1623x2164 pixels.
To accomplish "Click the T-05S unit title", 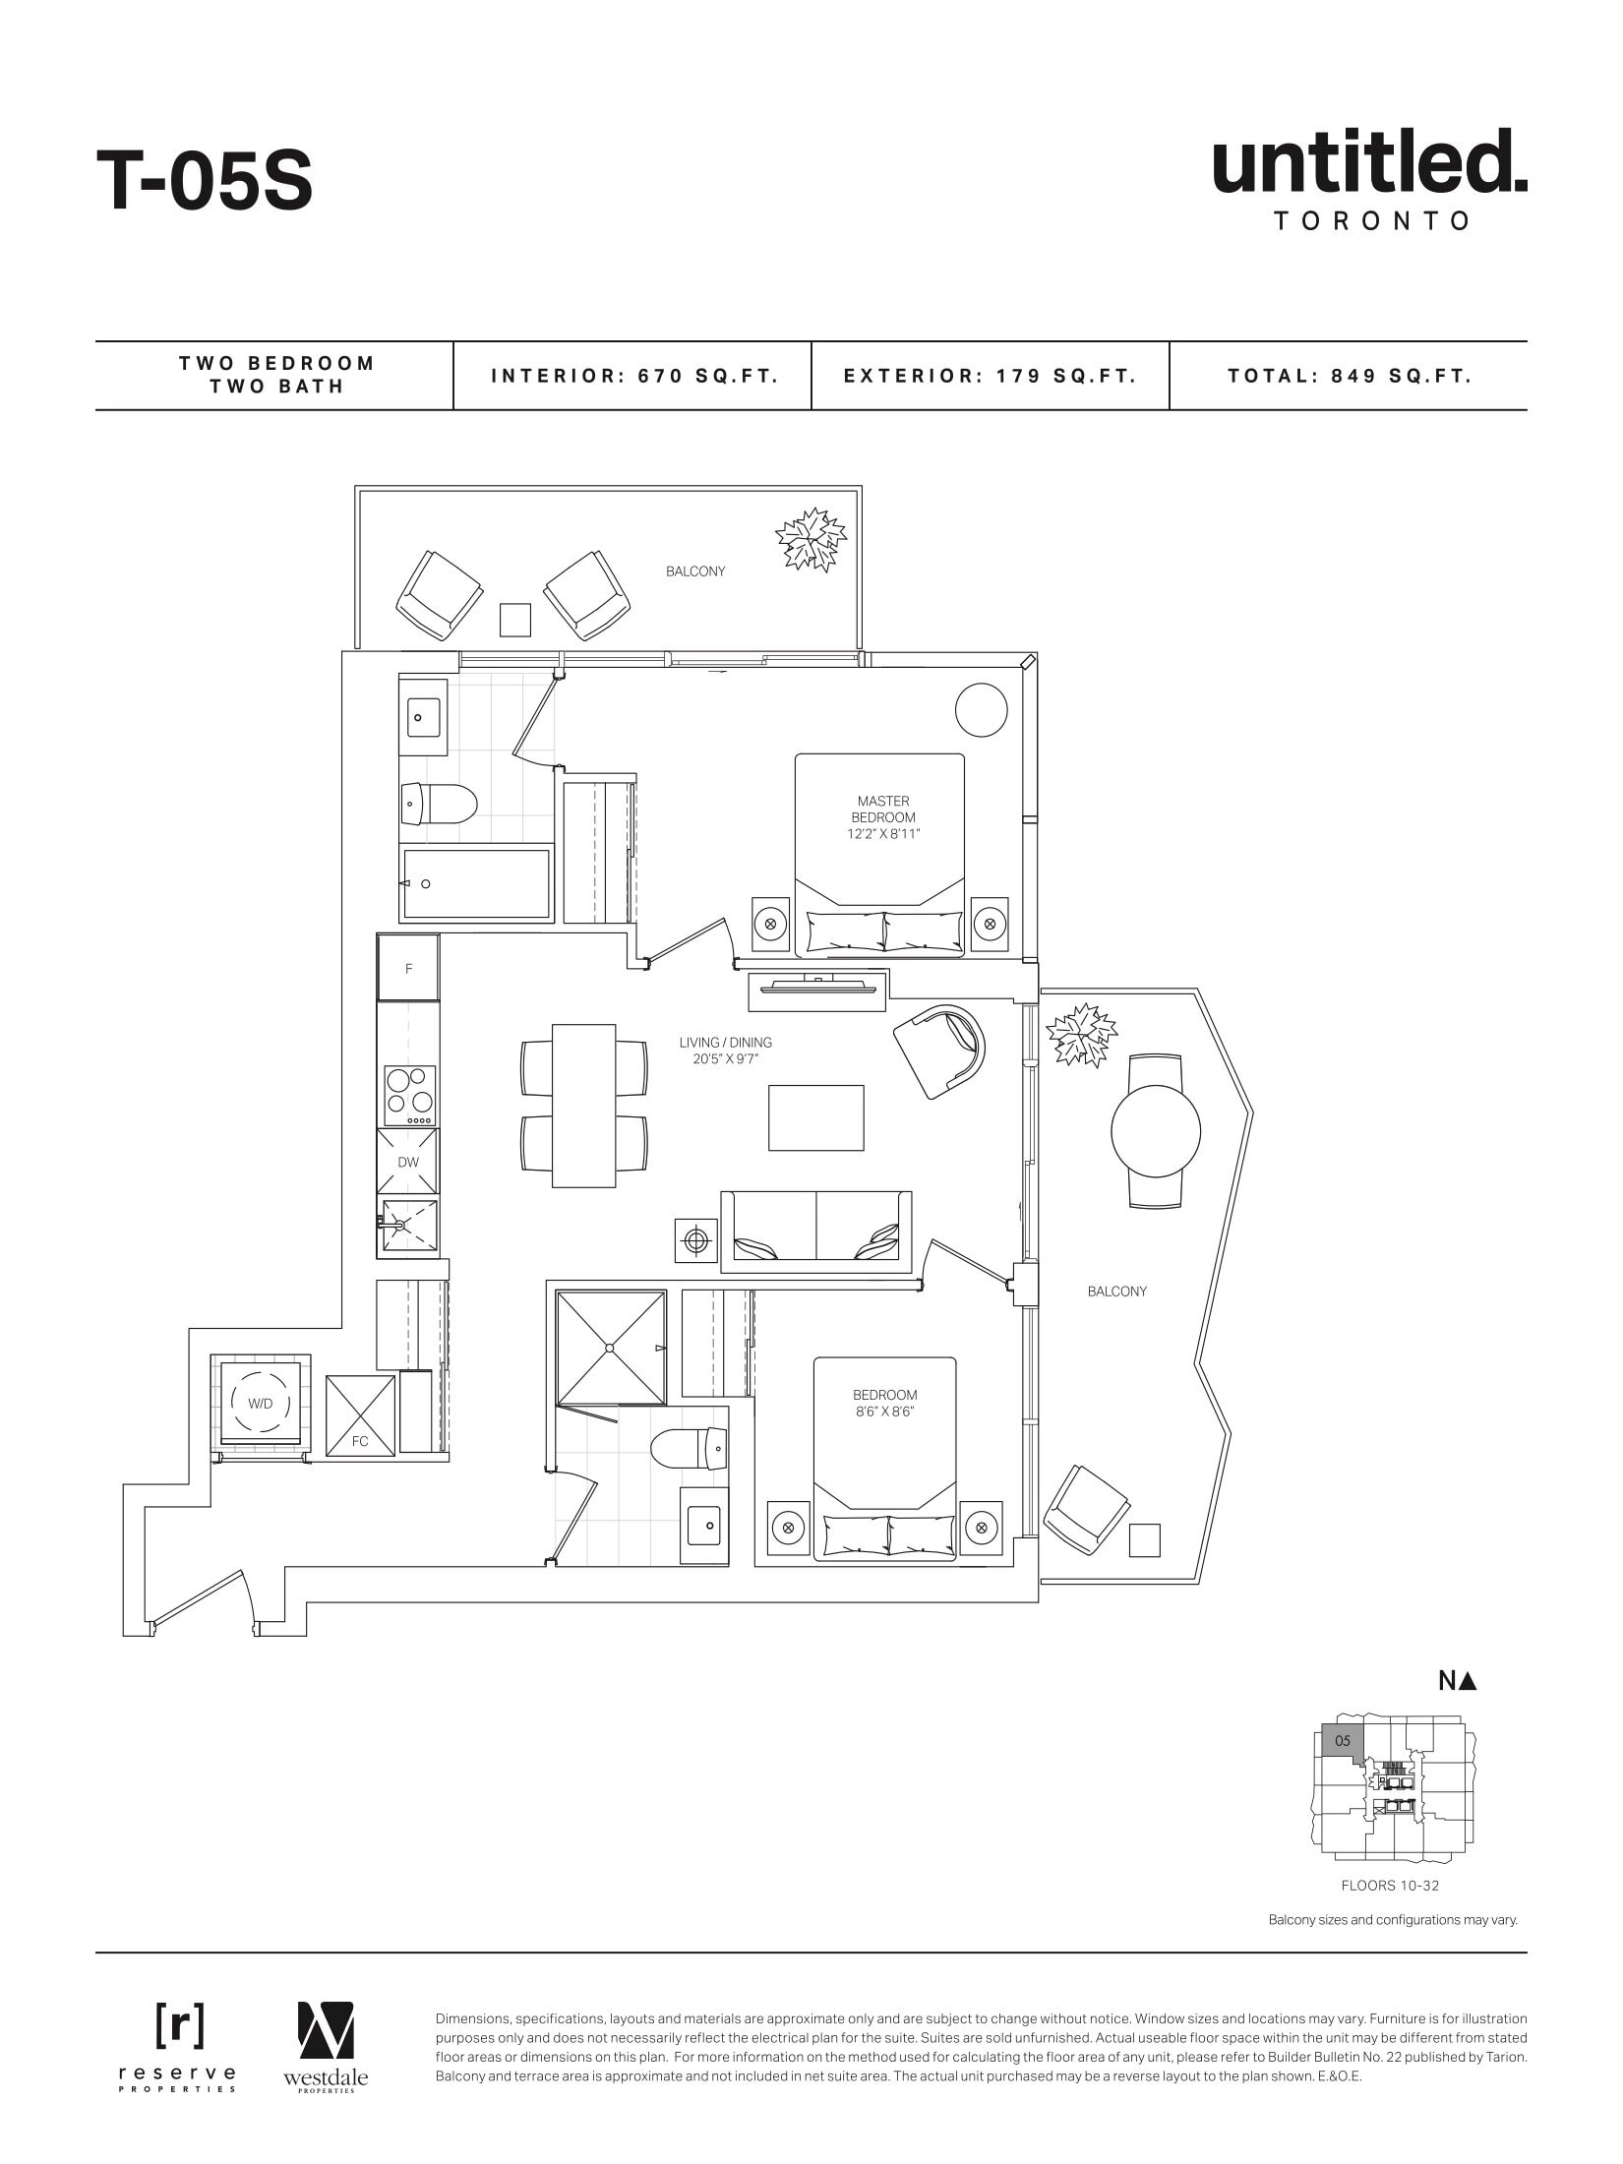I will (205, 181).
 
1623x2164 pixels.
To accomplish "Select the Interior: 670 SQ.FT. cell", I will (633, 376).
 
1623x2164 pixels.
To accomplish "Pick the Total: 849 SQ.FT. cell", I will (1349, 376).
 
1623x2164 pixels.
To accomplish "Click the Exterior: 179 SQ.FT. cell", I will (990, 376).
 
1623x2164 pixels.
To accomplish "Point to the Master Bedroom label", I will (882, 817).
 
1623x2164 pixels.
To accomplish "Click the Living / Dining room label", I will (725, 1051).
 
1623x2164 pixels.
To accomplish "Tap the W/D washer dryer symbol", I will (261, 1404).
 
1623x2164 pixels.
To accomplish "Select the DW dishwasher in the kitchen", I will (408, 1162).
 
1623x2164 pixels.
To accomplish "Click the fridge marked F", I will (408, 969).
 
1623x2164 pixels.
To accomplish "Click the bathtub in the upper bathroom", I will (476, 883).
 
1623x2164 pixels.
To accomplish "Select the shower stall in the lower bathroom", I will (611, 1348).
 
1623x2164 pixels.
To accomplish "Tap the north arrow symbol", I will (1458, 1681).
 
